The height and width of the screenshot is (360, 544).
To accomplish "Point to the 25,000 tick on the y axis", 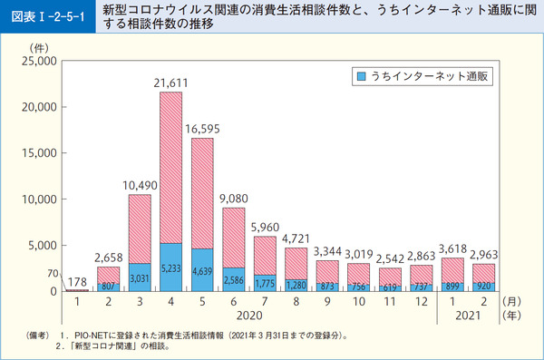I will (x=39, y=61).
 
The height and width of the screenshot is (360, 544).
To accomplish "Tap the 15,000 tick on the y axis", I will (x=39, y=153).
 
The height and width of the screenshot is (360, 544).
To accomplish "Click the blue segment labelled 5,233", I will (x=171, y=268).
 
